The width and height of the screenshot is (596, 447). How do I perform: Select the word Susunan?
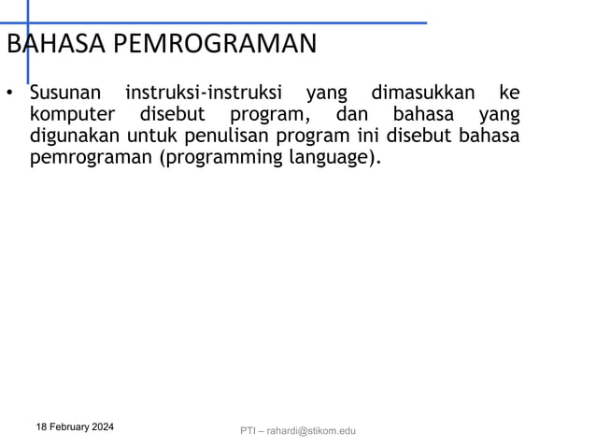(66, 94)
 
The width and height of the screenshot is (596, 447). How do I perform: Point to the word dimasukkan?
(422, 94)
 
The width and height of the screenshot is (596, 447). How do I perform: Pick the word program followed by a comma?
(270, 115)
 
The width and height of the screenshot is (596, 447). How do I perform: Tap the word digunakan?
(75, 137)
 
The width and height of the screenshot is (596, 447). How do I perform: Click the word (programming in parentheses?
(217, 158)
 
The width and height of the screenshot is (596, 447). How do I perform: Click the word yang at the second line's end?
(499, 115)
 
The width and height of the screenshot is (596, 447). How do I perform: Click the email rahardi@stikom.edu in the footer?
(311, 430)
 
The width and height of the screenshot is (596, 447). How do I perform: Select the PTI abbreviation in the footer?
(248, 430)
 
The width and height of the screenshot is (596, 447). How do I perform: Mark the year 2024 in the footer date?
(103, 426)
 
